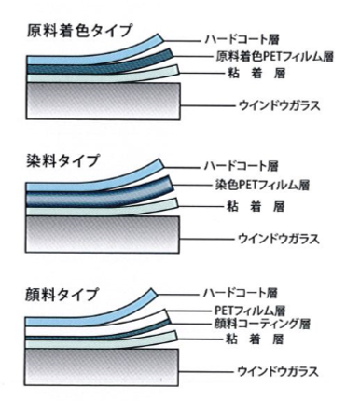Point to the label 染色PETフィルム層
[271, 186]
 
